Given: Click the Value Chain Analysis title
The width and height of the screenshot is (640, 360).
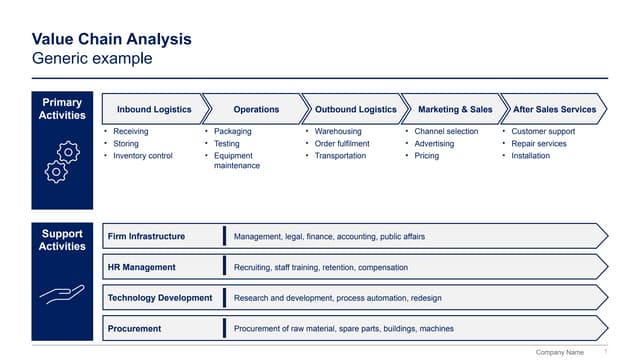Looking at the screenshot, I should tap(111, 39).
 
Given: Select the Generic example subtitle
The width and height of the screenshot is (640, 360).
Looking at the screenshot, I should tap(92, 59).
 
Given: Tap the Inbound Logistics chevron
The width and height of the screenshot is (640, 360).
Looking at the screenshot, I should tap(154, 109).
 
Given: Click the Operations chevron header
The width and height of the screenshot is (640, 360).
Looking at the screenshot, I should tap(256, 109).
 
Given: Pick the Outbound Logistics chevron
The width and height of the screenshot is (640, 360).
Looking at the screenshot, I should tap(355, 109).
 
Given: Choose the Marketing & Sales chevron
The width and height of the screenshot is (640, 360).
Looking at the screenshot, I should tap(454, 109).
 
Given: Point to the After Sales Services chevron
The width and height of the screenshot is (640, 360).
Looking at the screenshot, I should tap(554, 109).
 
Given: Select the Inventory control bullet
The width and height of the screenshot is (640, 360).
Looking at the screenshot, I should tap(143, 156).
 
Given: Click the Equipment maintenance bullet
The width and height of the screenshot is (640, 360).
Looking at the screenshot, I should tap(236, 161).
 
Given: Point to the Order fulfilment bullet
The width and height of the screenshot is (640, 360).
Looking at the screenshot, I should tap(342, 144).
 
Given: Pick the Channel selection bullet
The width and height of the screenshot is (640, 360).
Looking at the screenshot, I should tap(446, 131).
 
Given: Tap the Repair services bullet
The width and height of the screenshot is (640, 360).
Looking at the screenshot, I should tap(538, 144).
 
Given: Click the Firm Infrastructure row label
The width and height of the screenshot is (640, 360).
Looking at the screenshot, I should tap(146, 237).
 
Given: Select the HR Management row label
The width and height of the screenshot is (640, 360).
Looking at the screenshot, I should tap(141, 267).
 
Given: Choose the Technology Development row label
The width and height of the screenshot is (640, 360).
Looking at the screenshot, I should tap(160, 298).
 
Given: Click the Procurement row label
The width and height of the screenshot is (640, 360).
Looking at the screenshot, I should tap(134, 328).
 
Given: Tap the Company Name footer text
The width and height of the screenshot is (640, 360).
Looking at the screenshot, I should tap(560, 353).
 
